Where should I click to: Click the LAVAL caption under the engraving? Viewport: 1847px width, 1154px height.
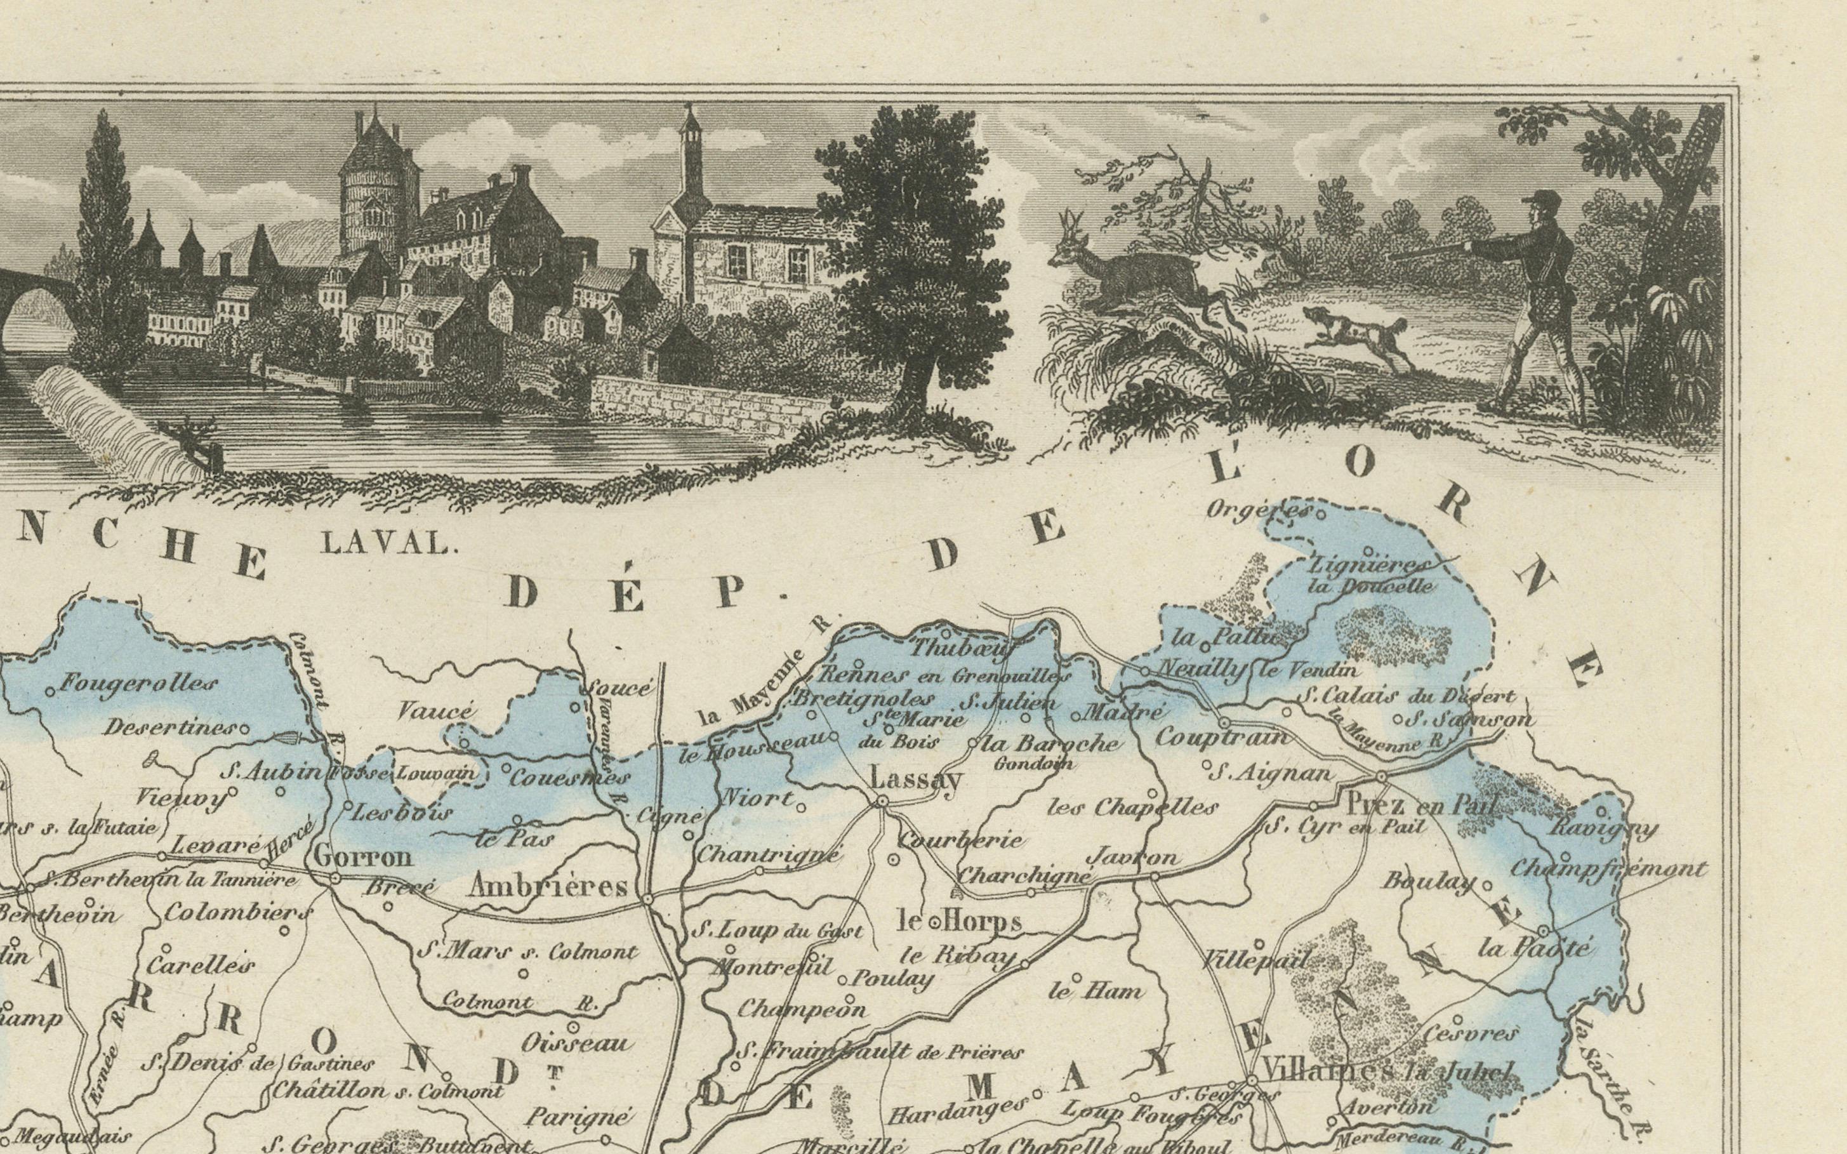click(x=385, y=543)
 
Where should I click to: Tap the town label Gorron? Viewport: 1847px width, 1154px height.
click(x=362, y=856)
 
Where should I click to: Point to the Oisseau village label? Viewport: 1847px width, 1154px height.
click(x=577, y=1042)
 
